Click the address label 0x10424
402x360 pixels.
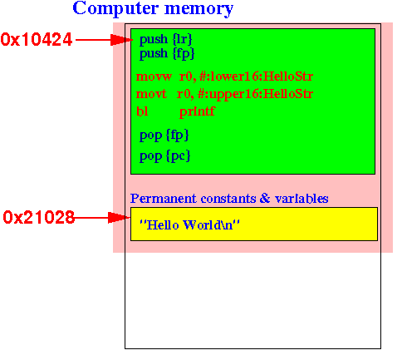(x=37, y=39)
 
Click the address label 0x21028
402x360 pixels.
(x=39, y=217)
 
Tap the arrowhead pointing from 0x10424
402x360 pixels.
(x=121, y=40)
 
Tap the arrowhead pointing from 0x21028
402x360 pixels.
(x=119, y=218)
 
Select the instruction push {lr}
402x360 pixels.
(x=165, y=39)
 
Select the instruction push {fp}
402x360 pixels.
(x=167, y=53)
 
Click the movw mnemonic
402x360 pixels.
(x=154, y=76)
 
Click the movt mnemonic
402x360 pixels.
(x=151, y=94)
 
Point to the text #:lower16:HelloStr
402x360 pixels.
(x=256, y=76)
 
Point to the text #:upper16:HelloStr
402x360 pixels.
(x=255, y=94)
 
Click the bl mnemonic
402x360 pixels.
(x=142, y=111)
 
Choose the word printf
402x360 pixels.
(x=197, y=111)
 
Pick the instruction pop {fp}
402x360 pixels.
(x=164, y=136)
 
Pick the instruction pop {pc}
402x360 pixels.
(x=164, y=156)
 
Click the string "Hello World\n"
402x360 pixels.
(x=189, y=224)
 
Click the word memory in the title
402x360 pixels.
(x=199, y=10)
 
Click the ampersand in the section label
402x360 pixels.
(x=265, y=198)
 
